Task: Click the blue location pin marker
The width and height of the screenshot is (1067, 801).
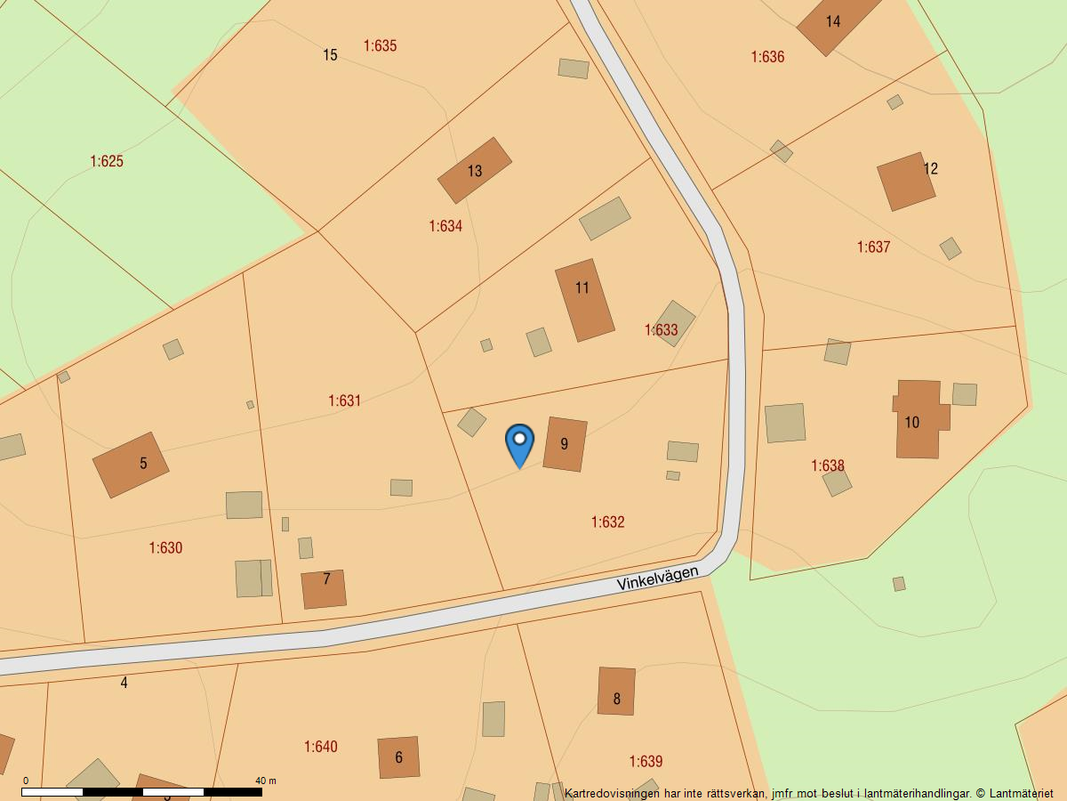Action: [519, 442]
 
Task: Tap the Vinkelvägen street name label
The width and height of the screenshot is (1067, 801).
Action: [658, 578]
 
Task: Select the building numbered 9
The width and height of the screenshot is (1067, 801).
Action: [565, 444]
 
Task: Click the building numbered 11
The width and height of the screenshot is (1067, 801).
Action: [584, 300]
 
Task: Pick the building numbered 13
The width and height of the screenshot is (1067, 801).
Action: [474, 171]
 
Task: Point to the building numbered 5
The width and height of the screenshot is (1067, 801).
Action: [131, 465]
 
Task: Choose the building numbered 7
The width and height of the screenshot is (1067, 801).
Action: [324, 589]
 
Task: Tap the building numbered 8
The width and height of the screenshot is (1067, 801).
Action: [616, 691]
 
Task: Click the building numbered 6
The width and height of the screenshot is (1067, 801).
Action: [398, 757]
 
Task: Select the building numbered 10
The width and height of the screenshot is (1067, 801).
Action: [918, 419]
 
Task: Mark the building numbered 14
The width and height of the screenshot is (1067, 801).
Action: [836, 23]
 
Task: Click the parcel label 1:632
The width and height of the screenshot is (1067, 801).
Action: [608, 522]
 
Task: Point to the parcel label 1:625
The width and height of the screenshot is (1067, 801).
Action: [107, 161]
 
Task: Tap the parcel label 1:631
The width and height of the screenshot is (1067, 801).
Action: [344, 400]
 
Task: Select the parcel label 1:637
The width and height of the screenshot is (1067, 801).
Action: [873, 247]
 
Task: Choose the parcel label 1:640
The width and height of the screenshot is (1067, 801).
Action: [321, 747]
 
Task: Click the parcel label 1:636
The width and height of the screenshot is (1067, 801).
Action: [767, 57]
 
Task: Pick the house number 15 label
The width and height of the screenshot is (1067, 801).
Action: [330, 55]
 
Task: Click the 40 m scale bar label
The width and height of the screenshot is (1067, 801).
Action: [266, 781]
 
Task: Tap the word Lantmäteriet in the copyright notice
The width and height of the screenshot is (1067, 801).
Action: [1022, 793]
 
